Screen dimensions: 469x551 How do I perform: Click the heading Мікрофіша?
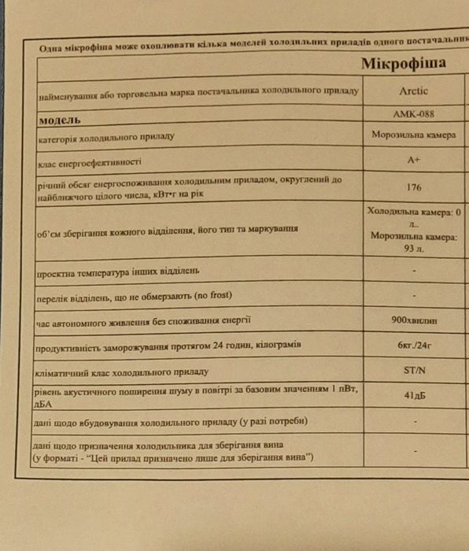point(403,64)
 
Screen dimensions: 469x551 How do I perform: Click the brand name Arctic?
point(413,91)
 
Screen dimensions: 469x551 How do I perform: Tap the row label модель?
point(60,121)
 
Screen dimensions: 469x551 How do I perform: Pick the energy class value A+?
point(414,160)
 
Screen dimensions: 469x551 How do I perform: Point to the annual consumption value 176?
point(414,187)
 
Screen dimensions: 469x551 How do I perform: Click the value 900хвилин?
point(414,320)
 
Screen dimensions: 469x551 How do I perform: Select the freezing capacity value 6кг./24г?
point(414,346)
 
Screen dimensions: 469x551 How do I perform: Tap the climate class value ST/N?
point(414,371)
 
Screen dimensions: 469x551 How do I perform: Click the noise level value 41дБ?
point(414,396)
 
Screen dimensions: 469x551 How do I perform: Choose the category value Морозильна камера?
point(414,135)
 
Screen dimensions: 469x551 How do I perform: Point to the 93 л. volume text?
point(414,248)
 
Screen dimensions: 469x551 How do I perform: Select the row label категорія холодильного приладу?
point(105,138)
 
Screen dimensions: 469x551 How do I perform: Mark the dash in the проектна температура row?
point(414,271)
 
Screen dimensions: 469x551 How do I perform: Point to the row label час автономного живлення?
point(142,320)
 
